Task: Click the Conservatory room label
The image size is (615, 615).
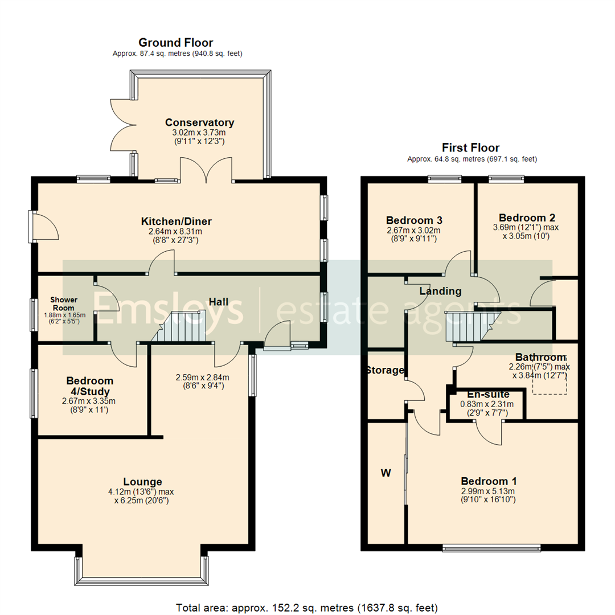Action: coord(199,122)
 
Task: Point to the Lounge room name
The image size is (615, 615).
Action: coord(143,482)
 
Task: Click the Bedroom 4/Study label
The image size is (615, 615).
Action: coord(89,386)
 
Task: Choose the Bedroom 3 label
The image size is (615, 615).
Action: coord(414,220)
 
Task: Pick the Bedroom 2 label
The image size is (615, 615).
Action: coord(527,218)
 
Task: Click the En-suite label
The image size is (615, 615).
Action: coord(488,395)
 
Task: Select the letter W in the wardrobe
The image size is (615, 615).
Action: coord(386,473)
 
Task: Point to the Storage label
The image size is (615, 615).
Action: coord(385,371)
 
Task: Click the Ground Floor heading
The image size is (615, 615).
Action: coord(176,43)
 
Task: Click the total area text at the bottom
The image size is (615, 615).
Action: coord(307,607)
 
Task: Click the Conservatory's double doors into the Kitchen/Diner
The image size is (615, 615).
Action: coord(206,171)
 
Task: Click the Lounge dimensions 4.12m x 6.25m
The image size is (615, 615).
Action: coord(143,496)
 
